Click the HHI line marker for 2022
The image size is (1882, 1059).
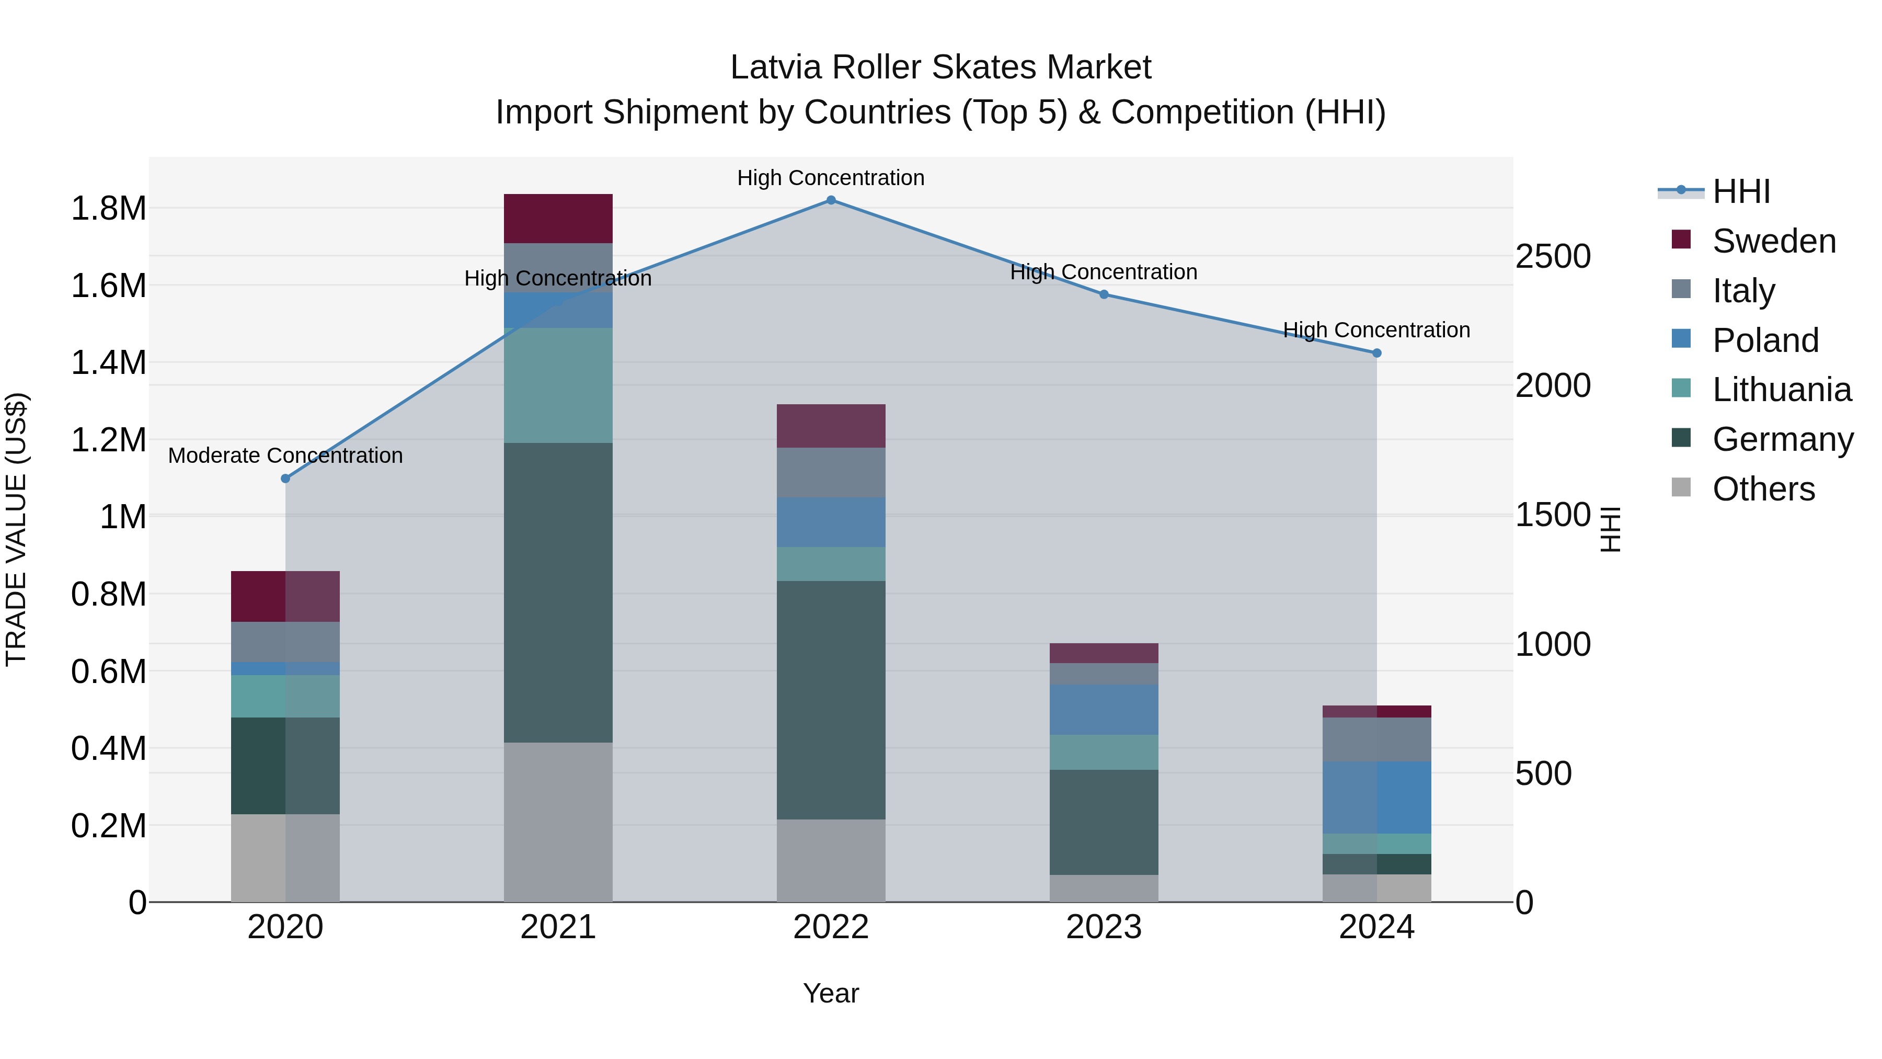[831, 200]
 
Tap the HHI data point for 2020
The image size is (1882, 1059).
[285, 479]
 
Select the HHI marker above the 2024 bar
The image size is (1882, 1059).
[1376, 353]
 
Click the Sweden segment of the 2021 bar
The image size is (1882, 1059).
[558, 219]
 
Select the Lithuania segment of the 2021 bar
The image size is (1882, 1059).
[558, 385]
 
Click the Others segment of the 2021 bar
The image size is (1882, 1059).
[558, 822]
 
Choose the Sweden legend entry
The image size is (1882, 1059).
[1773, 241]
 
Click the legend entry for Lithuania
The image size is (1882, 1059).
[1781, 390]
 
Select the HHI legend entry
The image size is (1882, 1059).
[1740, 191]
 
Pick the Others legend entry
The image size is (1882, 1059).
[1763, 489]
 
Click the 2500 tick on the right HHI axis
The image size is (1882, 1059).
[1553, 257]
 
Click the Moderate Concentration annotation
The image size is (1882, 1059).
[285, 456]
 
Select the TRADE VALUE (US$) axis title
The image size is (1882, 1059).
[16, 529]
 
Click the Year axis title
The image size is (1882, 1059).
[831, 993]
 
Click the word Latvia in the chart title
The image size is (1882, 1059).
[776, 67]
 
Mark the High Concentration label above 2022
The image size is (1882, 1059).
[831, 178]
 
